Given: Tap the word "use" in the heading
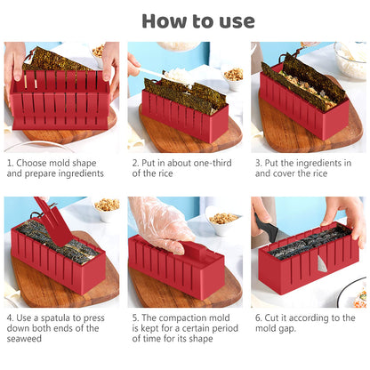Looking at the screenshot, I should coord(234,20).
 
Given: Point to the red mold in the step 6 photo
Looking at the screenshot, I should coord(307,267).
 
